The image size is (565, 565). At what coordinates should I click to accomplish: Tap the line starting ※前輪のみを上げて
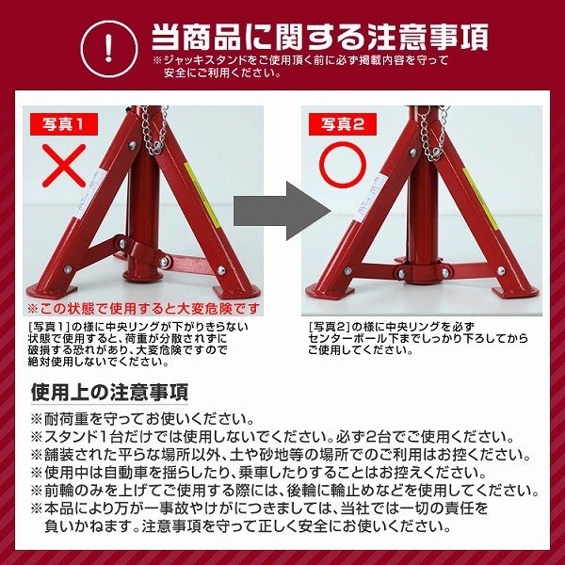282,491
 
